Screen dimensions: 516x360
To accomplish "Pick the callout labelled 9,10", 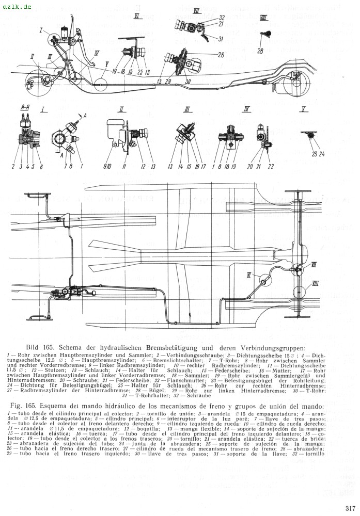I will (x=107, y=167).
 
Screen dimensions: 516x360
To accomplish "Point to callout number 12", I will (x=143, y=166).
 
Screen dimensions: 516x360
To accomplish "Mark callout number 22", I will (x=271, y=166).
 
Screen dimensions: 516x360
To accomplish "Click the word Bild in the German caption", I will (x=34, y=347).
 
